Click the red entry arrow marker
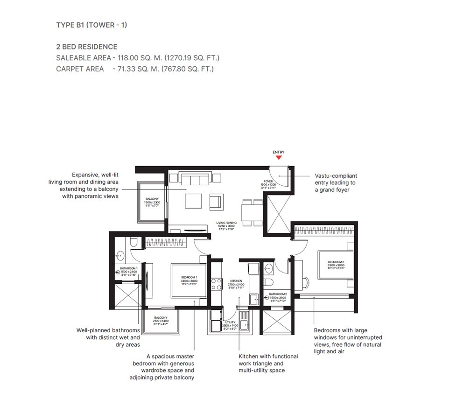pyautogui.click(x=279, y=158)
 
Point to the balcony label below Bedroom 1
pyautogui.click(x=161, y=320)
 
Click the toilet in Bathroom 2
pyautogui.click(x=269, y=283)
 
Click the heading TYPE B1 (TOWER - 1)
pyautogui.click(x=91, y=25)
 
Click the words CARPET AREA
pyautogui.click(x=80, y=69)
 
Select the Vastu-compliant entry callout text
pyautogui.click(x=336, y=183)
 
